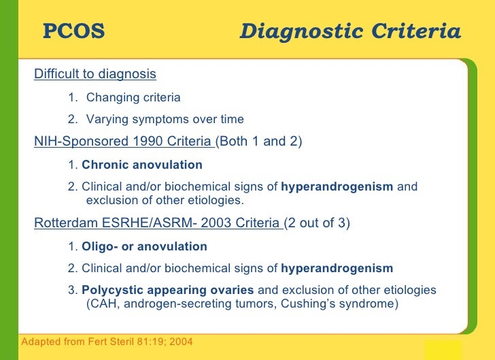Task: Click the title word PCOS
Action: pos(74,31)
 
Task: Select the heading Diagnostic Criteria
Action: pos(350,31)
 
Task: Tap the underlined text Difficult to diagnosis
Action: pos(95,73)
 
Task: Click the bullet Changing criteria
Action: pos(133,97)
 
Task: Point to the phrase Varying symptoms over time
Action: pos(165,120)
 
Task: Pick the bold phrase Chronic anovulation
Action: pos(142,165)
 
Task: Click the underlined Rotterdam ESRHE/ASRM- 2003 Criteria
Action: pos(157,223)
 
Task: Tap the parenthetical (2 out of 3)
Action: pos(317,223)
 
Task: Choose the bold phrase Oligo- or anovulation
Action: pos(144,246)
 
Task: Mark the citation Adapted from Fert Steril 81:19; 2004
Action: pos(107,340)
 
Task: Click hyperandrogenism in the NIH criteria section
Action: pos(337,187)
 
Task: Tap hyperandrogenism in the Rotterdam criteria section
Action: pos(337,268)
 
